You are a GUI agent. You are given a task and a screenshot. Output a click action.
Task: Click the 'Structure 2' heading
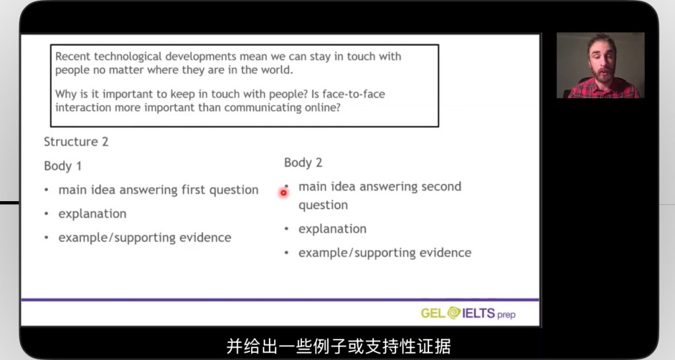click(76, 142)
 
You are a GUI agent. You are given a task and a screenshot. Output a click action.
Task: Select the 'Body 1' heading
click(63, 165)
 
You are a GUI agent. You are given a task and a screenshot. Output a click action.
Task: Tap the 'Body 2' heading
click(303, 162)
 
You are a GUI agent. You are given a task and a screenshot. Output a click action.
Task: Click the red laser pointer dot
click(283, 193)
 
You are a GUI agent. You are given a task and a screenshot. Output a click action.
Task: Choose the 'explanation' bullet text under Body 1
click(92, 214)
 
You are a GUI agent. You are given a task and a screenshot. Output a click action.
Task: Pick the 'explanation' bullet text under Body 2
click(332, 229)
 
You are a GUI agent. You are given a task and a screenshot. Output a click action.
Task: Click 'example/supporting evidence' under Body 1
click(144, 238)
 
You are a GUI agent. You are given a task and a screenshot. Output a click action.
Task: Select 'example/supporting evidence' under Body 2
click(385, 253)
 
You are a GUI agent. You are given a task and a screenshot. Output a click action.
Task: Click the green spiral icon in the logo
click(454, 313)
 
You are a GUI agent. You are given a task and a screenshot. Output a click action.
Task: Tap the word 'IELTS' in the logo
click(479, 313)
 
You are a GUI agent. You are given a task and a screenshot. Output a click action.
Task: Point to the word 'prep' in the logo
click(506, 315)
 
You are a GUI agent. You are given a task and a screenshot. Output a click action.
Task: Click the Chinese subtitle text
click(338, 346)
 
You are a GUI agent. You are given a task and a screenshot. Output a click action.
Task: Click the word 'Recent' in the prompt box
click(73, 57)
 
